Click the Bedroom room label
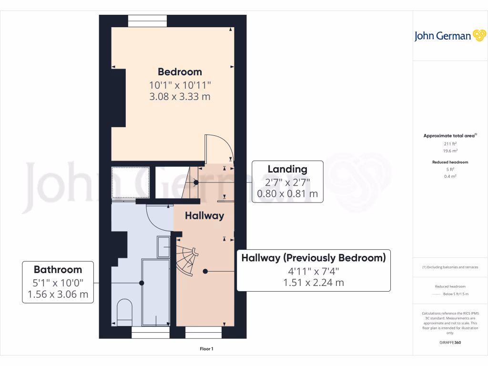coord(180,72)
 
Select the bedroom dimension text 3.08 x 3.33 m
coord(180,97)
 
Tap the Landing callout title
coord(287,169)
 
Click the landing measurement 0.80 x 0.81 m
coord(287,194)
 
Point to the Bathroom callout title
coord(58,269)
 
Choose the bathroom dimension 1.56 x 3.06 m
coord(58,295)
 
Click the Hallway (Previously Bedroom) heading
coord(313,258)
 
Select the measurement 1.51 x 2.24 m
coord(313,283)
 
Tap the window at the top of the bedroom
coord(147,20)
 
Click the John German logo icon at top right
coord(478,36)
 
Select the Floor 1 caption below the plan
coord(206,349)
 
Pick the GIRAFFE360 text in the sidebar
coord(451,343)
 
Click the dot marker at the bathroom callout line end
coord(142,283)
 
